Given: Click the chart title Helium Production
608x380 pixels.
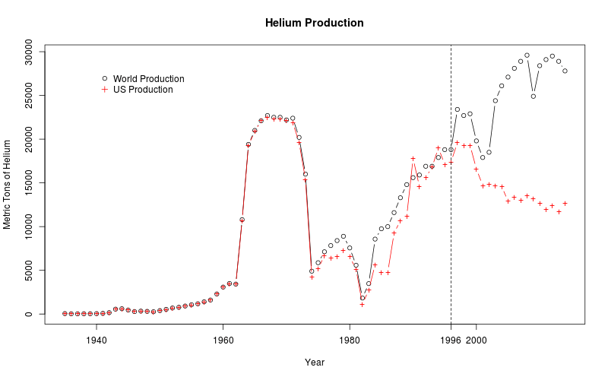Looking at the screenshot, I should pos(314,23).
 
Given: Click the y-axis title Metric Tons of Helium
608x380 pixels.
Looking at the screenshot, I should pos(8,184).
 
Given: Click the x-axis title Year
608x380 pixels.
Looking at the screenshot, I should pos(315,363).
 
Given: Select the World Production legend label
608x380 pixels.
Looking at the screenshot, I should pos(148,79).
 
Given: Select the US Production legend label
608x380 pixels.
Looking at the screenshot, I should pos(143,90).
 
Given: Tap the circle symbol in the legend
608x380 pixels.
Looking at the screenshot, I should pos(105,78).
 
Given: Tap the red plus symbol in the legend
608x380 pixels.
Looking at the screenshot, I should pos(105,90).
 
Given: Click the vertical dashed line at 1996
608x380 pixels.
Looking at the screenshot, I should pos(451,228).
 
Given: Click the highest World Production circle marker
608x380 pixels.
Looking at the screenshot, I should pos(527,55).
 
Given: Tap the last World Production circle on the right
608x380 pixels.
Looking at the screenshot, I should pos(565,71).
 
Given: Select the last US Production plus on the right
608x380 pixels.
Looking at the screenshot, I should pos(565,203).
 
